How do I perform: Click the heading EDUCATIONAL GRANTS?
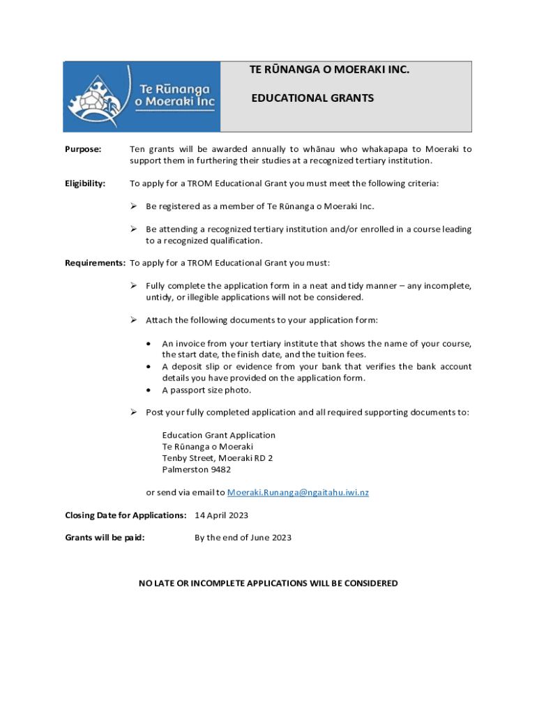312,98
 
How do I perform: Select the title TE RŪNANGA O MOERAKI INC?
329,70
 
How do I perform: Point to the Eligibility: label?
85,183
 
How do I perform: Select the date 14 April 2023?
221,515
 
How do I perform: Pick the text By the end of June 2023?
243,538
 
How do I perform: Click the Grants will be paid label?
105,538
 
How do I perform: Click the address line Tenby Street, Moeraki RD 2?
217,458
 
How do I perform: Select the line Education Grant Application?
218,435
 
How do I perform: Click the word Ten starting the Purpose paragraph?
137,149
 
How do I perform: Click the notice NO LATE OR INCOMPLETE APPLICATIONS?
268,583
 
